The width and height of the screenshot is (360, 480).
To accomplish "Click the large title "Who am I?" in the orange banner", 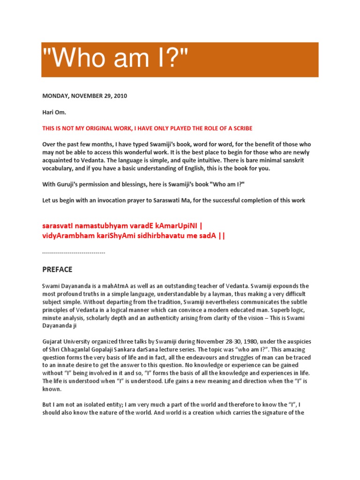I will (x=115, y=60).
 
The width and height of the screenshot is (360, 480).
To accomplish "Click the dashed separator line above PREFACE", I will (x=74, y=253).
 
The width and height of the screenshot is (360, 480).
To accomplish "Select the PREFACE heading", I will (x=57, y=270).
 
